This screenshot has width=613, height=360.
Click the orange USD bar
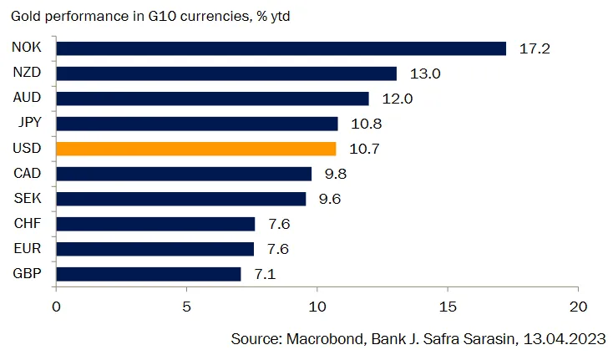[196, 149]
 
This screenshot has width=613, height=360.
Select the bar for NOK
[281, 48]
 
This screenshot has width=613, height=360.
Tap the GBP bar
[149, 274]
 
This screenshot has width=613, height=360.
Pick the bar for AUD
[212, 99]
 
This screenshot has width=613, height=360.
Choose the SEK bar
[181, 199]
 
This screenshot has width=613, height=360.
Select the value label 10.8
[365, 124]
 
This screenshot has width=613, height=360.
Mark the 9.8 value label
[336, 174]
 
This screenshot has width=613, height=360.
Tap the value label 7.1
[265, 274]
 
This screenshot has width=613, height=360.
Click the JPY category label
[28, 124]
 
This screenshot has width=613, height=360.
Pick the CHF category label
[28, 224]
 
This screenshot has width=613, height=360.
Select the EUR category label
[28, 249]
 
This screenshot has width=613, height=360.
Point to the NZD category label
[28, 74]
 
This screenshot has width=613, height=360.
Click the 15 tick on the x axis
[448, 307]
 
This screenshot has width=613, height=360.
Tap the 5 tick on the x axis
[186, 307]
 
